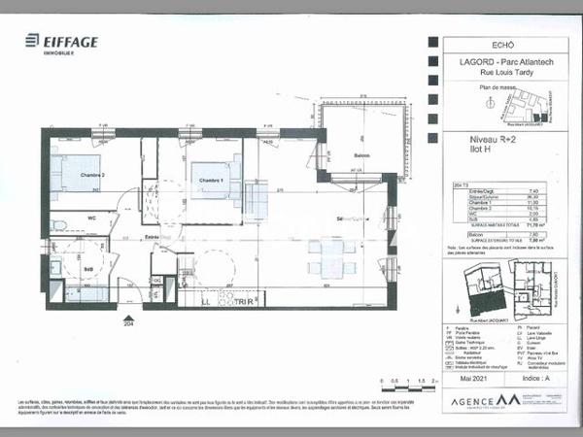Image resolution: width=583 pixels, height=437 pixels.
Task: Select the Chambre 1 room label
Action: coord(211,181)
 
